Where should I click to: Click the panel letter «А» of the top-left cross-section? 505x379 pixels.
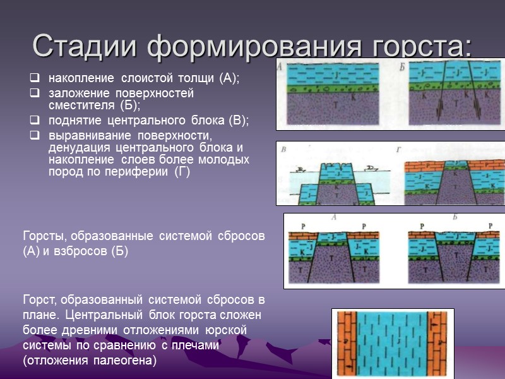point(280,65)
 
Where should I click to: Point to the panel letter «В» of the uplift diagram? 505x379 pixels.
point(283,150)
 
